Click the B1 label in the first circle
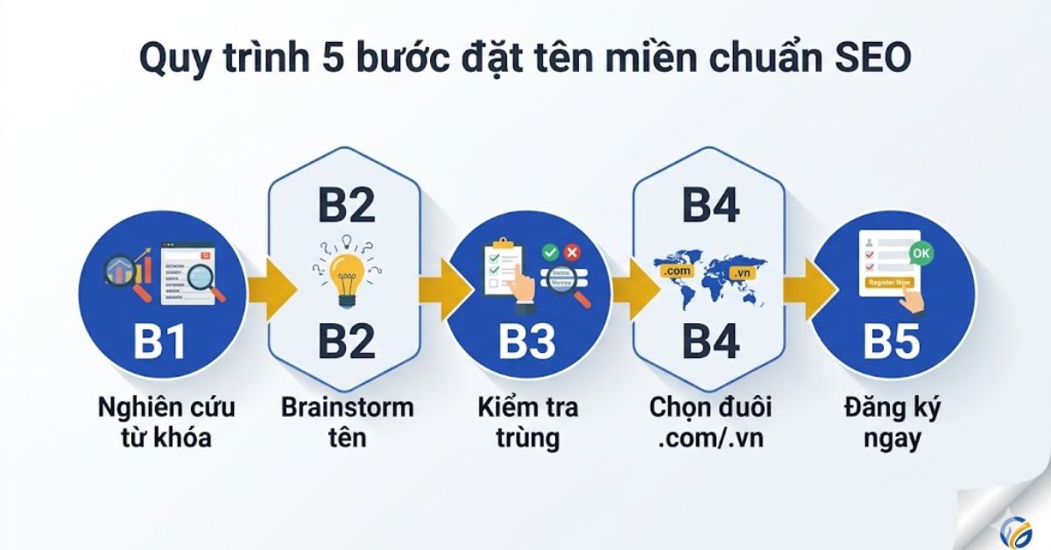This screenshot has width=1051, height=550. click(159, 342)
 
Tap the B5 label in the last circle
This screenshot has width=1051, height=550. click(892, 342)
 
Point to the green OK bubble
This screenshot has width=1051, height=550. click(921, 253)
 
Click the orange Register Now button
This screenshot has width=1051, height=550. click(889, 283)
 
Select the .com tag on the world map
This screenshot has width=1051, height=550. click(679, 271)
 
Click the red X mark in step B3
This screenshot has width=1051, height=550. click(573, 252)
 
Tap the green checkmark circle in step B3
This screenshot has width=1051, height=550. click(550, 252)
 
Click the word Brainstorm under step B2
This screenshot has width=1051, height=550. click(348, 407)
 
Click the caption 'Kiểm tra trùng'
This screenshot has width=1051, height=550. click(528, 422)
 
